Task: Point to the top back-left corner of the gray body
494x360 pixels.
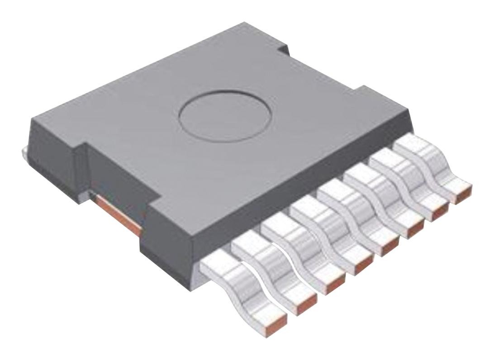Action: (34, 118)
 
